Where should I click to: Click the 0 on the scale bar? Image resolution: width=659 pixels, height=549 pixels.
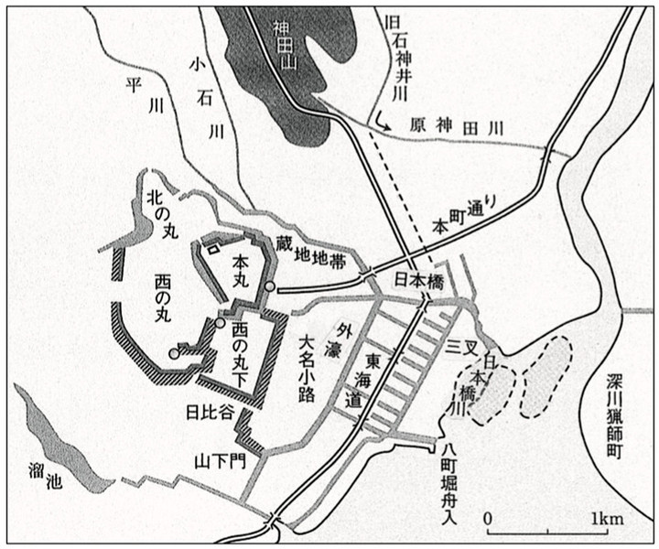[489, 519]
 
